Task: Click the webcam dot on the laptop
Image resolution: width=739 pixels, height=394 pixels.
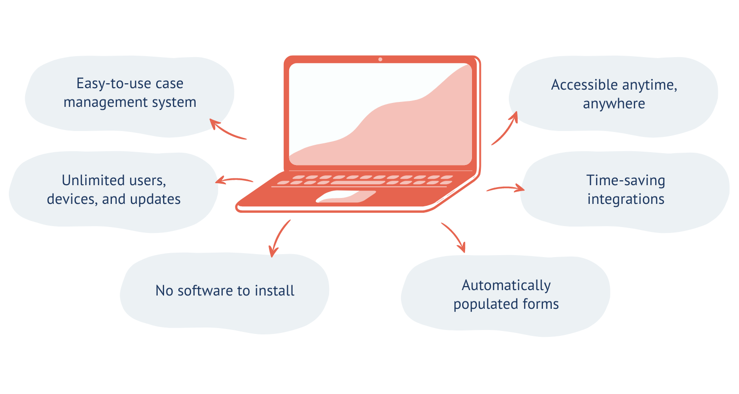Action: (380, 60)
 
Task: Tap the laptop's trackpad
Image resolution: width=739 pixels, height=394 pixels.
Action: (346, 197)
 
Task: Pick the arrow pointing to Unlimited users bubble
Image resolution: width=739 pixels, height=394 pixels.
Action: (234, 180)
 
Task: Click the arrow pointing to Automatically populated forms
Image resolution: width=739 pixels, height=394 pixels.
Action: (454, 237)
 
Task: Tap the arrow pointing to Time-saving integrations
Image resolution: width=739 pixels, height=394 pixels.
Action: (505, 188)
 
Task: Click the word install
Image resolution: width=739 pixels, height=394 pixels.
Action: (274, 291)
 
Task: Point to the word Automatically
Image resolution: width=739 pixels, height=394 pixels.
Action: (506, 285)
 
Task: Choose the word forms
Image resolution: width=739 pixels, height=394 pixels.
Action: (542, 304)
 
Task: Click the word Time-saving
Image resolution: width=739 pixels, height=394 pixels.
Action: (626, 180)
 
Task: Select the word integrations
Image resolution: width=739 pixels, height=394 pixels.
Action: (626, 199)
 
